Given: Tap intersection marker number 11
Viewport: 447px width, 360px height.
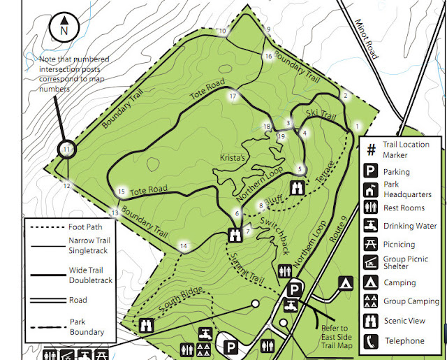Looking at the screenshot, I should [x=66, y=150].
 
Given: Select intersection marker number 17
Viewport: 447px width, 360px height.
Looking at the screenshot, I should [x=233, y=96].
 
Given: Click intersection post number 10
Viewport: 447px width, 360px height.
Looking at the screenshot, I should [x=223, y=31].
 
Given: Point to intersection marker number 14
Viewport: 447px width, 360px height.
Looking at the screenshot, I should [x=184, y=245].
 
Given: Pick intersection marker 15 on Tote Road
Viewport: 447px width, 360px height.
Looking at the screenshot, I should [x=122, y=192].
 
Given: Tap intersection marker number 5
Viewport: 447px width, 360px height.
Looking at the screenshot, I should [x=300, y=169].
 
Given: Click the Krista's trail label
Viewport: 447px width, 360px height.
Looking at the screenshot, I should [x=235, y=158].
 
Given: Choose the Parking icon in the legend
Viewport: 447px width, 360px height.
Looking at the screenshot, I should [x=372, y=171].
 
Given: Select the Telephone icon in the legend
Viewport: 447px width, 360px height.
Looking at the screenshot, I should [x=372, y=341].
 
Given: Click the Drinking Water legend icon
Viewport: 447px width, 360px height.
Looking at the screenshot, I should [x=372, y=226].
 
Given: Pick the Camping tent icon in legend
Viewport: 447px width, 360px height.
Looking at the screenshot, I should [x=372, y=282].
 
